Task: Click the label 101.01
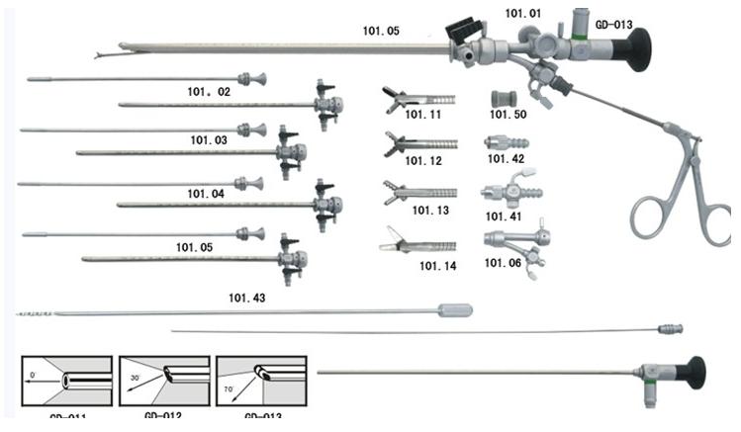click(x=523, y=13)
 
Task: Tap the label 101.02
click(x=209, y=92)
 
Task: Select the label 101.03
click(x=208, y=141)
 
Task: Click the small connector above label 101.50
click(x=506, y=99)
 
